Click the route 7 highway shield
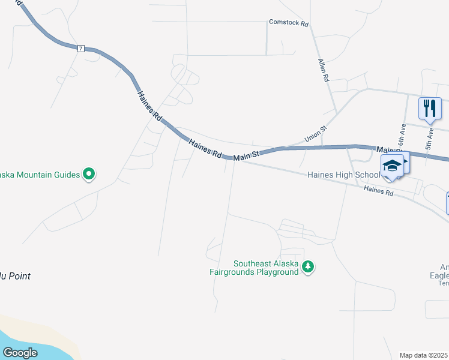coord(80,48)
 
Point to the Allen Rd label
coord(324,70)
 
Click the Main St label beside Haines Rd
coord(246,156)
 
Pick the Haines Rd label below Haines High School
coord(378,191)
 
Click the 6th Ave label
coord(402,137)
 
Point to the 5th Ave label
coord(429,138)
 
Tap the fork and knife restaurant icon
coord(430,108)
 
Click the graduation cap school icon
coord(392,165)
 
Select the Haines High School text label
coord(343,175)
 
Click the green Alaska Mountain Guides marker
coord(89,175)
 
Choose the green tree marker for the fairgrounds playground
coord(308,266)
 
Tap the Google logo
coord(20,353)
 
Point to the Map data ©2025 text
coord(424,355)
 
